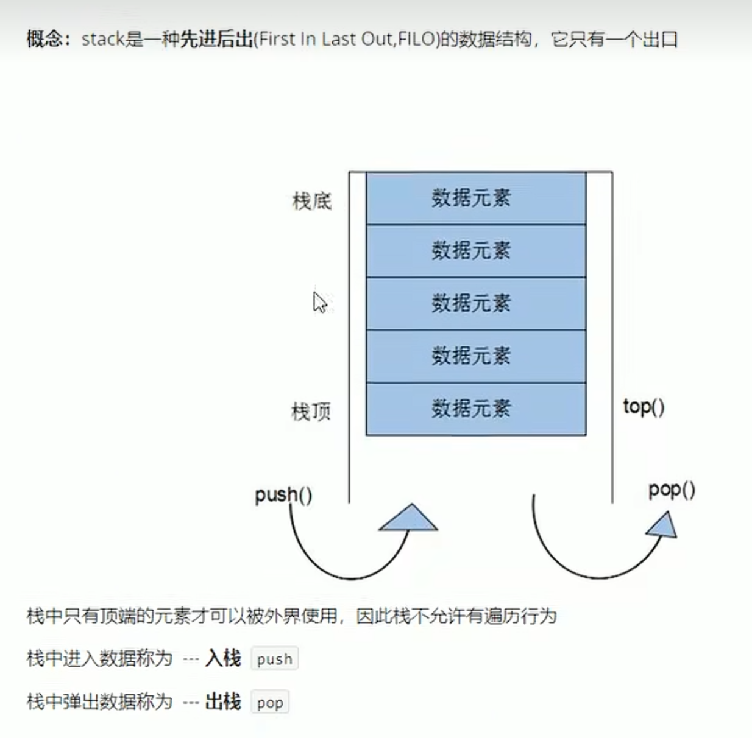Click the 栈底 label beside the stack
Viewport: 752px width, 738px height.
pyautogui.click(x=311, y=201)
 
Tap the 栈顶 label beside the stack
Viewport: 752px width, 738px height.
pyautogui.click(x=311, y=412)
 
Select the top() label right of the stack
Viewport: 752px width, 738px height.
pyautogui.click(x=644, y=406)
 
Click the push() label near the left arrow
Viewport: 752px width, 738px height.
pyautogui.click(x=283, y=494)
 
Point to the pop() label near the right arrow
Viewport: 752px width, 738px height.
pyautogui.click(x=672, y=490)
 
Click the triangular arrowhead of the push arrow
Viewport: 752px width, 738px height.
pyautogui.click(x=409, y=519)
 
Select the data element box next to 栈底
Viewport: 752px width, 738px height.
pyautogui.click(x=475, y=199)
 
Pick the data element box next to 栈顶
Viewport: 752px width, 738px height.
pyautogui.click(x=475, y=409)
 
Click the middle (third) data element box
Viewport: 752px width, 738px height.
pyautogui.click(x=475, y=303)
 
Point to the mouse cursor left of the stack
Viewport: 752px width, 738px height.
pyautogui.click(x=319, y=301)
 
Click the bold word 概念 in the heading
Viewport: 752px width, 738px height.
pyautogui.click(x=44, y=40)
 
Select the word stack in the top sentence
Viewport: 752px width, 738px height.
pyautogui.click(x=102, y=40)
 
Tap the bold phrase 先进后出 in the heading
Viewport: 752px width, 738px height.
pyautogui.click(x=216, y=40)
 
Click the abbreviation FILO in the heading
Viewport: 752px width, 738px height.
pyautogui.click(x=417, y=40)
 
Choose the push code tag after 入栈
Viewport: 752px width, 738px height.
pyautogui.click(x=274, y=659)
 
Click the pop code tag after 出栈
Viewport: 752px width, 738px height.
pyautogui.click(x=269, y=703)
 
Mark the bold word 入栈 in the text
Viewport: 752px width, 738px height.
pyautogui.click(x=223, y=658)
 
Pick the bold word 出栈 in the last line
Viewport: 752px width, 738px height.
pyautogui.click(x=223, y=702)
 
